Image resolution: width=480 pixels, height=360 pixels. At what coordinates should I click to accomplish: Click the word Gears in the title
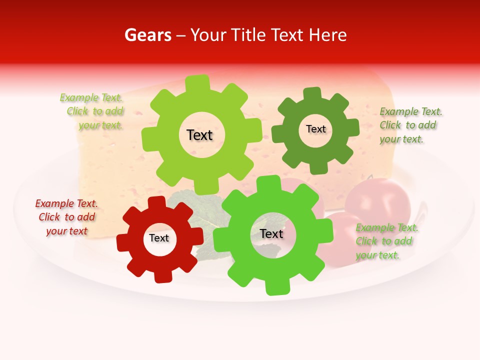(147, 35)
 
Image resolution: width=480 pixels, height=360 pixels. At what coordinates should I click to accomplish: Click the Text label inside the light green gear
(199, 135)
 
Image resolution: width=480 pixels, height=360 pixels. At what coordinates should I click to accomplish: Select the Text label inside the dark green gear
(315, 129)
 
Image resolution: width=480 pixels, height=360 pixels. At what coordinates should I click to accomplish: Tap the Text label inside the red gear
(159, 238)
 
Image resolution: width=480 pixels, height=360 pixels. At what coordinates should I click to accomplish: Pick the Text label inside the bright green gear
(271, 233)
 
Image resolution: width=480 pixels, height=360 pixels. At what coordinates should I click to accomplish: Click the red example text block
(66, 217)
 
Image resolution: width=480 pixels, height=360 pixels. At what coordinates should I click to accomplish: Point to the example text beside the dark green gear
(410, 125)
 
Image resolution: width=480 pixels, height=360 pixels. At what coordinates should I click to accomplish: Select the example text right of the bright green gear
(386, 241)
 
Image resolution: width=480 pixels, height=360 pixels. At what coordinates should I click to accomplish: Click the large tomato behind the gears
(377, 200)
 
